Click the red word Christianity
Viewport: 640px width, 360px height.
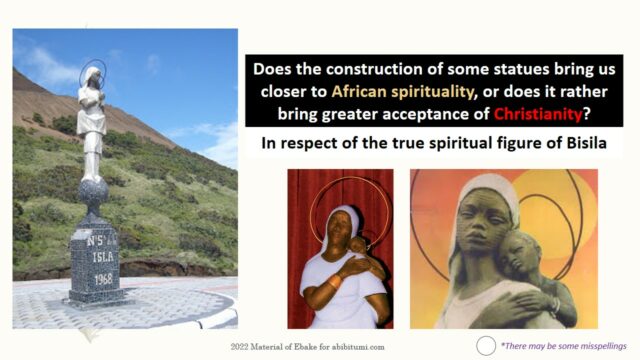(x=538, y=114)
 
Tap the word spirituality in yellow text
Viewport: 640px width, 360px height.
(x=432, y=92)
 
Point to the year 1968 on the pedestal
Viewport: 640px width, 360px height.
(x=103, y=279)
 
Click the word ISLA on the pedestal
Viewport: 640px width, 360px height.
(x=102, y=257)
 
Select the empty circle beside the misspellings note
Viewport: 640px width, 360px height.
(x=486, y=346)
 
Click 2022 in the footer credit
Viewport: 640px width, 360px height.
(x=239, y=347)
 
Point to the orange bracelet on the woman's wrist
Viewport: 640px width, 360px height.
(x=336, y=282)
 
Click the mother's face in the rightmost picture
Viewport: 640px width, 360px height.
(x=485, y=219)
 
